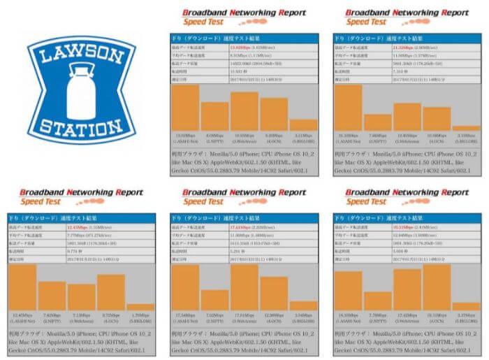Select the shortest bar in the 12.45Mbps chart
click(140, 306)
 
